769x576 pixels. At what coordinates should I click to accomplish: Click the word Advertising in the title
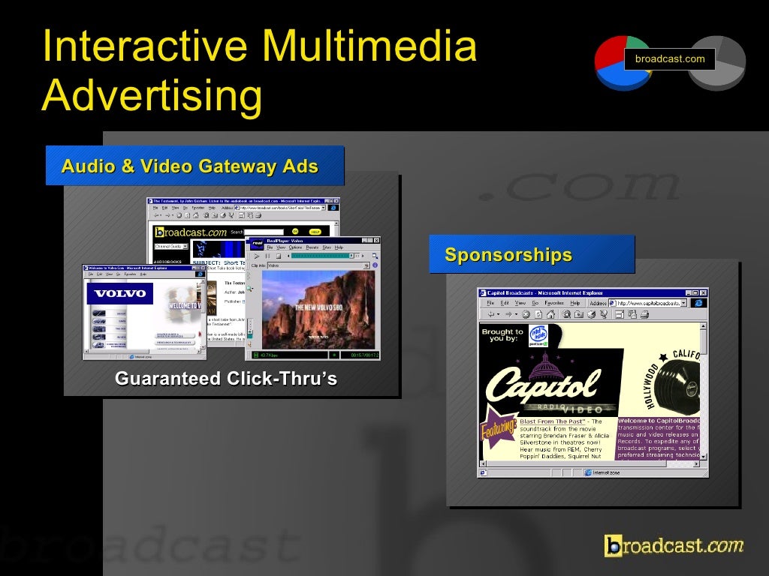point(152,96)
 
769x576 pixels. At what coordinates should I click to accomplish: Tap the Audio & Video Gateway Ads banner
point(194,166)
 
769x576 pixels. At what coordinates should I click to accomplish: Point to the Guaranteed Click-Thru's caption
point(226,379)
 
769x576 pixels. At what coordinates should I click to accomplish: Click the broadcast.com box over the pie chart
point(670,59)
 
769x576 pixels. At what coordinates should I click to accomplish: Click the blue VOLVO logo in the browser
point(120,294)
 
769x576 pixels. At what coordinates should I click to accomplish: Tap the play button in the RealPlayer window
point(256,256)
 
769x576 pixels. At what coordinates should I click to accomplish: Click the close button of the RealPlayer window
point(375,241)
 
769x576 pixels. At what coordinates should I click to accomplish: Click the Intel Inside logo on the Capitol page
point(538,334)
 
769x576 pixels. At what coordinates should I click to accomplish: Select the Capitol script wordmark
point(543,384)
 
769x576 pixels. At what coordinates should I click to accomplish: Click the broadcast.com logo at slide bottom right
point(674,545)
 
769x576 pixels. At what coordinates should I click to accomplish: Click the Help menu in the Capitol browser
point(574,303)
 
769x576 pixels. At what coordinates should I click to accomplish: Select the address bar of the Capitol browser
point(650,303)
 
